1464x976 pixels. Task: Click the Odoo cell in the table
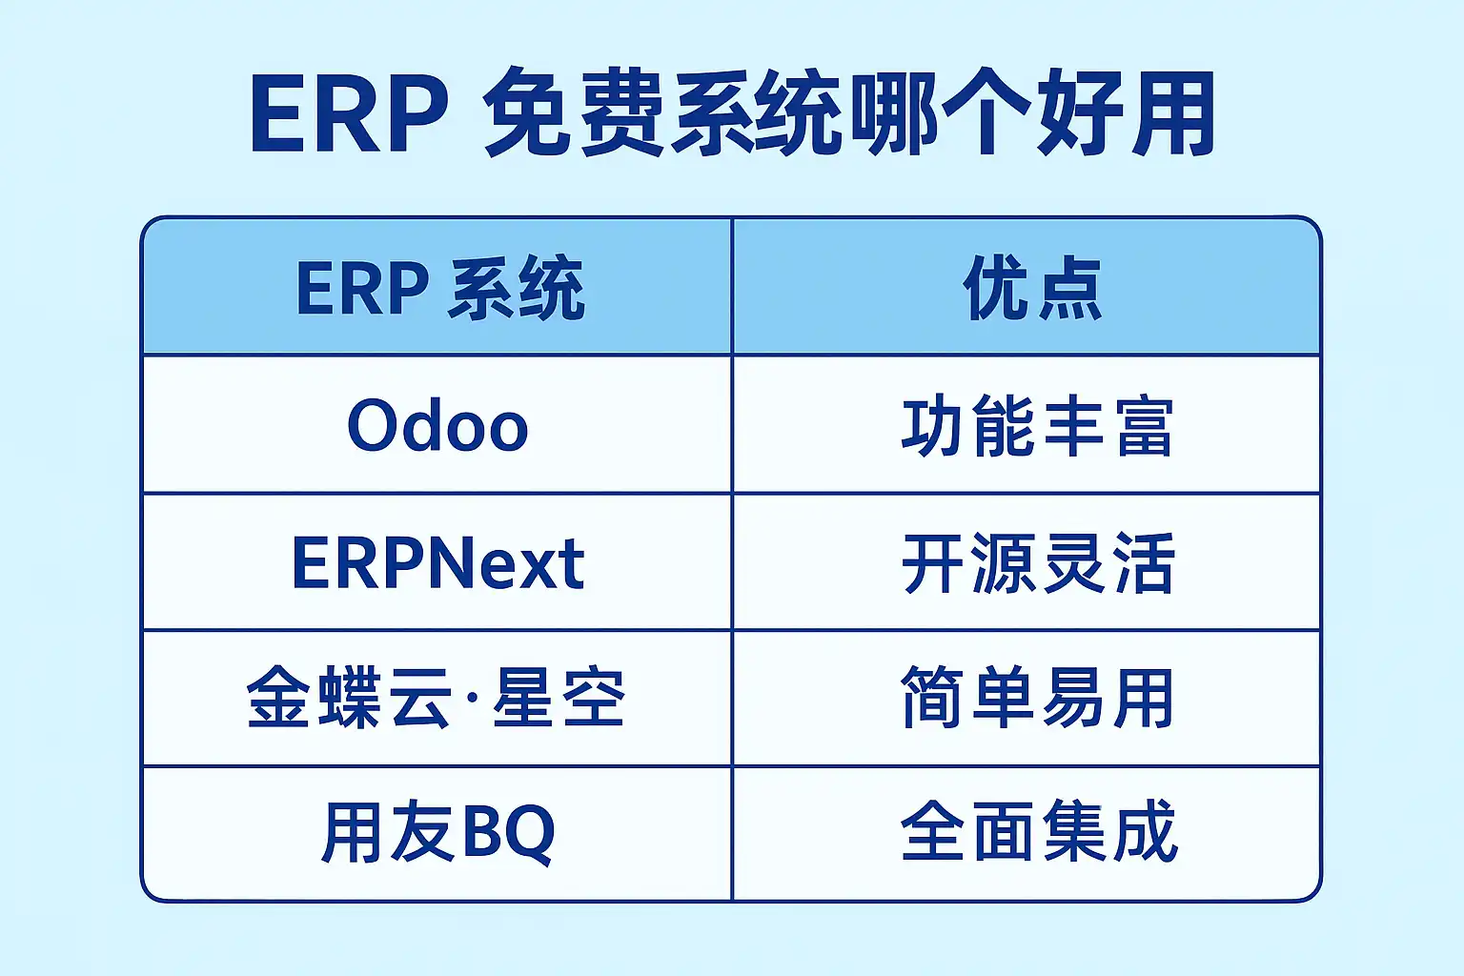437,425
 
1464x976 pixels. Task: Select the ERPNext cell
437,562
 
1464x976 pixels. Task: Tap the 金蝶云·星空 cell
436,697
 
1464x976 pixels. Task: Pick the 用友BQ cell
437,833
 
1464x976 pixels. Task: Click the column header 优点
1032,288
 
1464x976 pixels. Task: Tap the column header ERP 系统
439,288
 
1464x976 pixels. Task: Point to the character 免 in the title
527,112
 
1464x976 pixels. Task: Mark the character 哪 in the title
895,112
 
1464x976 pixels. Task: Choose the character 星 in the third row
524,697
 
